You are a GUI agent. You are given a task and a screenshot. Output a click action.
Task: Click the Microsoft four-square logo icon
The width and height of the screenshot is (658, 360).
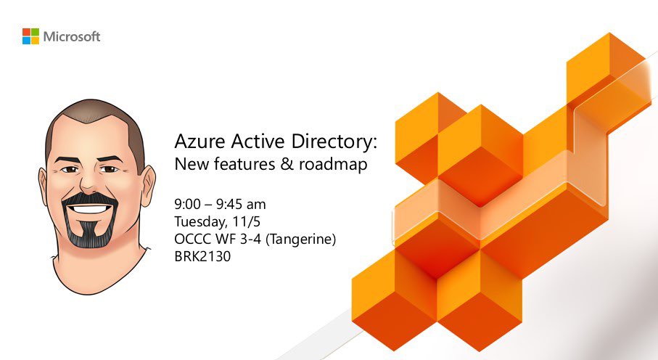30,36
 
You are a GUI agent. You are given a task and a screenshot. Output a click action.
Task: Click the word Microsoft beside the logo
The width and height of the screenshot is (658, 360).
72,36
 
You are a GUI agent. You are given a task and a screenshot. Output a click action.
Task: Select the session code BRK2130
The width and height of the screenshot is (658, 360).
202,256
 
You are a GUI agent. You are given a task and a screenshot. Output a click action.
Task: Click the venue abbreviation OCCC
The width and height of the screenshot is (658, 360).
192,238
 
